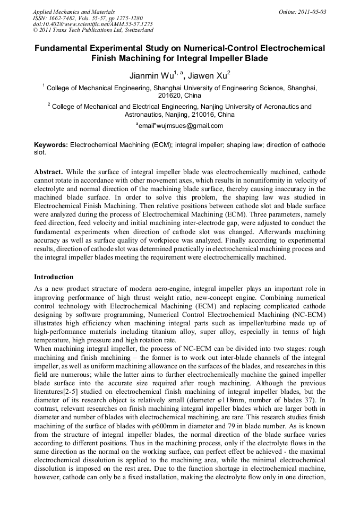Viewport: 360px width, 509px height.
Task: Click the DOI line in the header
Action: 93,24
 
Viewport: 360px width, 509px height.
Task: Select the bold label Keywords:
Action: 51,144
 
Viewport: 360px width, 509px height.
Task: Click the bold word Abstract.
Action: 48,172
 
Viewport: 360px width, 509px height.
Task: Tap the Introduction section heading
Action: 54,277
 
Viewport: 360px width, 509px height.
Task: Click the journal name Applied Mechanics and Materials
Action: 74,11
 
